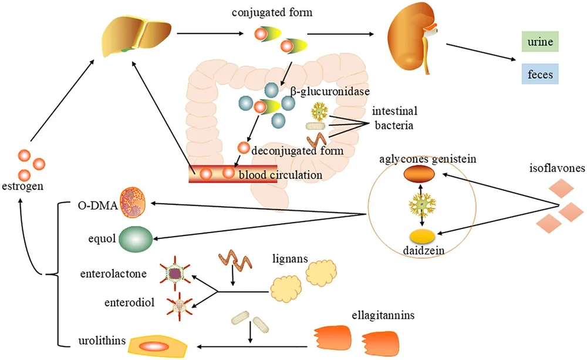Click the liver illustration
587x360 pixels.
137,36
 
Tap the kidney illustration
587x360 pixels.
413,38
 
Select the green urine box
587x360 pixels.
540,42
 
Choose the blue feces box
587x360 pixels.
540,74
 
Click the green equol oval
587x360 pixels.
136,239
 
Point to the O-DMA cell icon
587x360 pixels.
132,204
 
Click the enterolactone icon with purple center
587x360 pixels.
175,273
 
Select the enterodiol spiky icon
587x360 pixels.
180,307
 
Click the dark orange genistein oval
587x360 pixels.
419,174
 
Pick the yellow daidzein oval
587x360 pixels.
422,237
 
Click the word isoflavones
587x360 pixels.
557,168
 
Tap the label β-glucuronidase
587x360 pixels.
330,92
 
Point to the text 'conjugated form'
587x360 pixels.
272,12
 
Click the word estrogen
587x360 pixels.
22,186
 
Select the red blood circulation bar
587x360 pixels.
233,174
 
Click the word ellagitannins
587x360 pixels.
383,315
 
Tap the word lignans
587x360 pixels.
290,258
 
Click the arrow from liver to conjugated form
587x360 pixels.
210,33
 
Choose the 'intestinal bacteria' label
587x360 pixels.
394,118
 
